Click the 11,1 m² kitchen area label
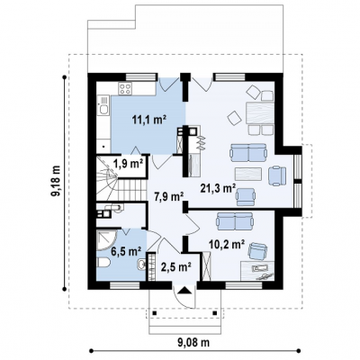click(x=149, y=120)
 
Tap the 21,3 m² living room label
click(x=218, y=188)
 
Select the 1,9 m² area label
click(x=128, y=164)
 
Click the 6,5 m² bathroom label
click(x=126, y=251)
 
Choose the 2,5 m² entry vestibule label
click(x=176, y=266)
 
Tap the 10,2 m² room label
click(x=226, y=245)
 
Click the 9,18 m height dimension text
click(x=56, y=182)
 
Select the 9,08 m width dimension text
click(x=193, y=342)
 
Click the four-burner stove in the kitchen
click(x=125, y=88)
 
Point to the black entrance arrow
click(x=184, y=291)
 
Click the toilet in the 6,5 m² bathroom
click(x=103, y=263)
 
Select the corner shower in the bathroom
click(x=106, y=238)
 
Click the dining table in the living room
click(x=260, y=113)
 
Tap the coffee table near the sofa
click(x=248, y=174)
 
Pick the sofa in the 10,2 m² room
click(x=235, y=221)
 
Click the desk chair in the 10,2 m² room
click(x=257, y=251)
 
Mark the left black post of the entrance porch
click(x=155, y=313)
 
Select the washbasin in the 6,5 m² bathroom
click(x=141, y=265)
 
